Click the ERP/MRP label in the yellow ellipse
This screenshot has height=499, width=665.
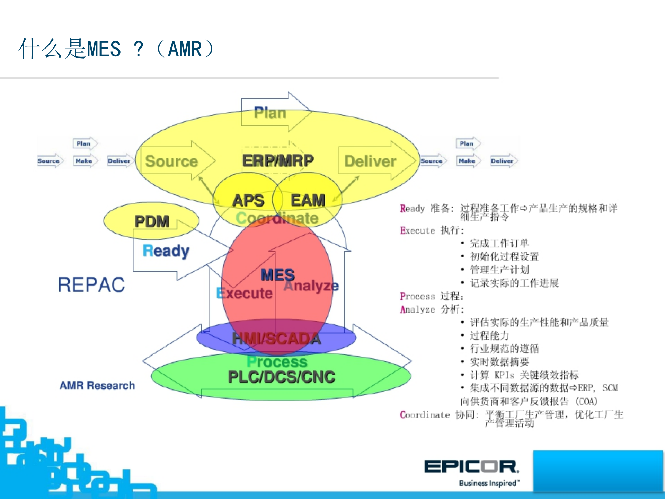point(278,161)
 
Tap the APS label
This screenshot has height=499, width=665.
point(248,201)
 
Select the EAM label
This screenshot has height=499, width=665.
point(308,200)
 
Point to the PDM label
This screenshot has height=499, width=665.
point(152,221)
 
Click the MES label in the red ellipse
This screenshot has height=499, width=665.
point(278,275)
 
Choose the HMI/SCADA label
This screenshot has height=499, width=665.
point(276,339)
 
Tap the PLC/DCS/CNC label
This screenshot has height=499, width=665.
point(281,377)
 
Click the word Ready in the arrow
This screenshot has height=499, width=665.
point(166,251)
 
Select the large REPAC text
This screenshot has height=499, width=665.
point(91,285)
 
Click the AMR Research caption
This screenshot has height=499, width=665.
point(97,386)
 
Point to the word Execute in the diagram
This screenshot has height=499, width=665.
point(245,294)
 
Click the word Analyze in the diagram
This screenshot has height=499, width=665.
point(311,286)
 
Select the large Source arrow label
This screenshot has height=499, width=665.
point(171,161)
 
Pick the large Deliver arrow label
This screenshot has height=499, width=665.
point(370,161)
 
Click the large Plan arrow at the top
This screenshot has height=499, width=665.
point(271,113)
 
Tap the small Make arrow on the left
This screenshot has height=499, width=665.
point(84,161)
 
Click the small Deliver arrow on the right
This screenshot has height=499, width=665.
point(502,161)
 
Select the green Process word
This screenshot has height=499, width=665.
point(277,362)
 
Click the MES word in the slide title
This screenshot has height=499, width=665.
point(104,49)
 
